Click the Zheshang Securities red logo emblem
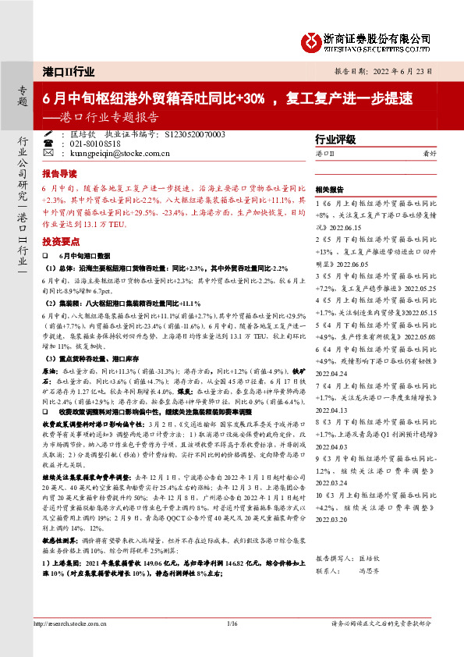coord(311,39)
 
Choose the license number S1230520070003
coord(195,135)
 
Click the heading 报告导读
coord(59,175)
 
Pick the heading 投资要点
coord(59,242)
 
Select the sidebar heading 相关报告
coord(330,190)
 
